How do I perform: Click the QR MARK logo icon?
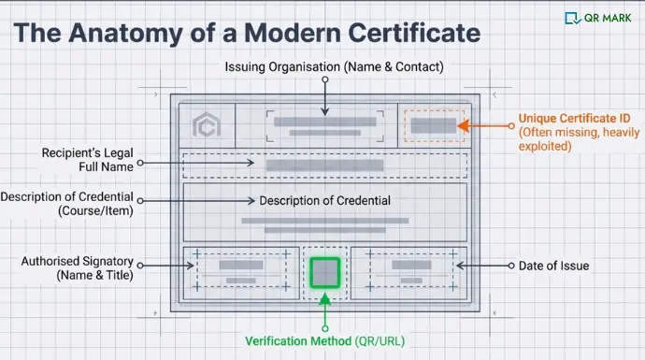[572, 17]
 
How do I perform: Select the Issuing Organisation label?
[335, 66]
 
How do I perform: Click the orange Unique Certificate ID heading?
[574, 119]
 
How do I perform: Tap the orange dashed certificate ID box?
[433, 125]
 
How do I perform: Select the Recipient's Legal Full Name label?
[89, 160]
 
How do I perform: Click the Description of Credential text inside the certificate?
[324, 200]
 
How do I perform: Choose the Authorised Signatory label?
[78, 267]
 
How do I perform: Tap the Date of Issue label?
[554, 266]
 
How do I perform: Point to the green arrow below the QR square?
[324, 301]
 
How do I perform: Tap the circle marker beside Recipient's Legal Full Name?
[141, 163]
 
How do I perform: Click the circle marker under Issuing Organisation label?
[323, 80]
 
